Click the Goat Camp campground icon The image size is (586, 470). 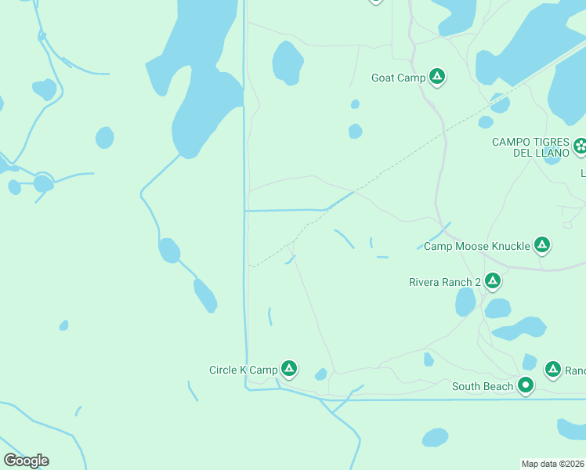[437, 77]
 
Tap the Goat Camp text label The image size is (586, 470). [398, 78]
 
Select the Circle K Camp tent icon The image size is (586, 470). [289, 368]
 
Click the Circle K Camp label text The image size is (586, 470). [243, 370]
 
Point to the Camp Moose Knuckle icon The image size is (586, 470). [541, 245]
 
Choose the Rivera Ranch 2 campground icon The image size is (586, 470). [492, 280]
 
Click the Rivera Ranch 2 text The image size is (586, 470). [445, 282]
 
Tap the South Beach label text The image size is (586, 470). [483, 386]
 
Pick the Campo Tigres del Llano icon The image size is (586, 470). [580, 145]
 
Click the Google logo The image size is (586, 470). [26, 461]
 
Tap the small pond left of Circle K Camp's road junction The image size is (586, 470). [63, 325]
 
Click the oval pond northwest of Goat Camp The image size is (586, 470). [288, 63]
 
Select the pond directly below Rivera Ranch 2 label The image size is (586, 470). [465, 302]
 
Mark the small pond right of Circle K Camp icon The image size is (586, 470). [320, 375]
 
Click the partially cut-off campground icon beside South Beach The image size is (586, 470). [553, 368]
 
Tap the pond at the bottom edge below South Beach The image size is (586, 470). [435, 437]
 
